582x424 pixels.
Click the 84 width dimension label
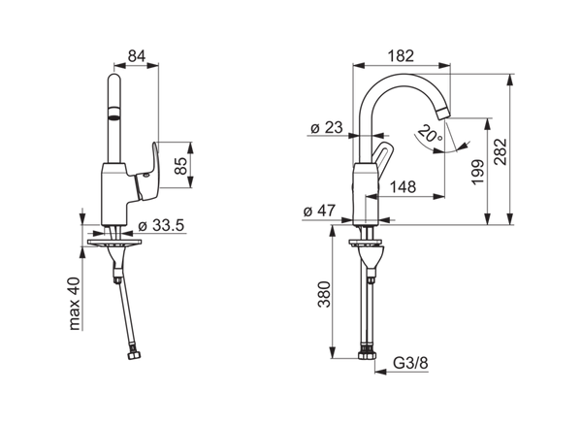coord(137,56)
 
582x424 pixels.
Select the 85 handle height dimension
coord(180,166)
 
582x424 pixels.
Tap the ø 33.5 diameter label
coord(161,225)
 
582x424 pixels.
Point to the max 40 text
coord(75,304)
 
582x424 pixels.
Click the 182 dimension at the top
coord(401,56)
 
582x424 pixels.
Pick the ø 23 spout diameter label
coord(326,128)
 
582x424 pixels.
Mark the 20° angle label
coord(430,135)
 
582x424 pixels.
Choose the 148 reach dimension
coord(404,186)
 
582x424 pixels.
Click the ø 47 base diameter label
coord(319,211)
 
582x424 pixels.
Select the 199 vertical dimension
coord(478,172)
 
